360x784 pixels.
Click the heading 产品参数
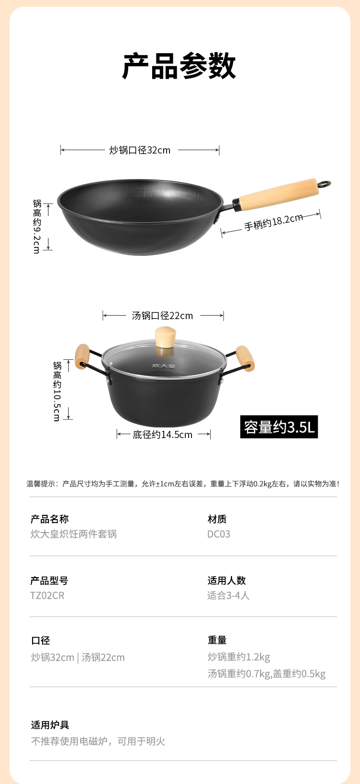[x=179, y=66]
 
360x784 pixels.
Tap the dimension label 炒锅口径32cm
[x=140, y=150]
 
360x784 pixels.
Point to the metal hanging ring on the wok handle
[x=324, y=184]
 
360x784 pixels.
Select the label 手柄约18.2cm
[x=274, y=222]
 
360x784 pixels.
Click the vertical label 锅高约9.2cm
[x=37, y=226]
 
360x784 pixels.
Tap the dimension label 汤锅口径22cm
[x=163, y=316]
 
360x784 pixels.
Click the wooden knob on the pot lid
[x=165, y=337]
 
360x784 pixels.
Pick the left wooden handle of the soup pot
[x=82, y=356]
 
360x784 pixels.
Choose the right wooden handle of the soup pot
[x=245, y=358]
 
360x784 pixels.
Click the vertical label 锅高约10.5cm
[x=57, y=392]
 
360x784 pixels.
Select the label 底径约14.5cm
[x=163, y=435]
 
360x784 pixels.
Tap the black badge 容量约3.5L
[x=279, y=427]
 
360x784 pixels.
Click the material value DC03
[x=218, y=534]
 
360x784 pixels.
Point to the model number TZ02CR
[x=47, y=595]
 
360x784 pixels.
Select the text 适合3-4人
[x=228, y=595]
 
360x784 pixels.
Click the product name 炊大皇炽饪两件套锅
[x=73, y=534]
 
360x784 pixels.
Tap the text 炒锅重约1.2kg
[x=239, y=657]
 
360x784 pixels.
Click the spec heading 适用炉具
[x=50, y=725]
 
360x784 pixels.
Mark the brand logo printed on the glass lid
[x=164, y=366]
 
